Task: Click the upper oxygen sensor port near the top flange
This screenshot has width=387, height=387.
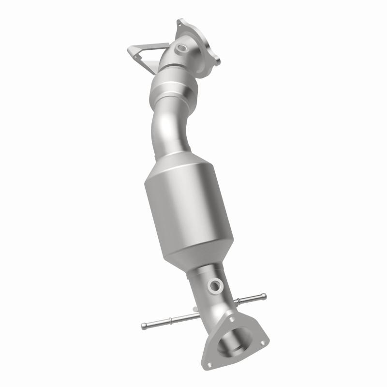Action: tap(182, 48)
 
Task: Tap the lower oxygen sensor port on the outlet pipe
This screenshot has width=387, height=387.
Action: tap(214, 286)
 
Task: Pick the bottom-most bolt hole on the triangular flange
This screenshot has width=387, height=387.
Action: tap(209, 364)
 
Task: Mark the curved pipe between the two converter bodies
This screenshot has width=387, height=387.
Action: tap(167, 131)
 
